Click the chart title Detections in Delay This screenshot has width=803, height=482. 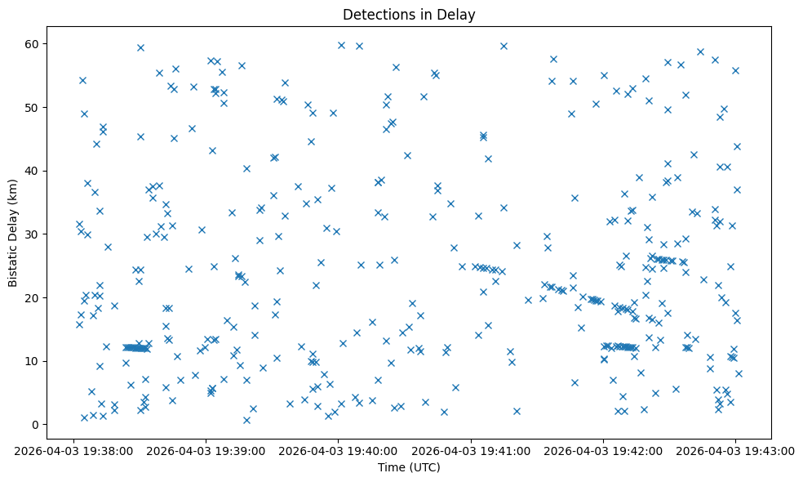tap(409, 15)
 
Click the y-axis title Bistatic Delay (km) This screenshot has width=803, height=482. tap(13, 222)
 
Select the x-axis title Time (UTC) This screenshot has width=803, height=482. tap(409, 467)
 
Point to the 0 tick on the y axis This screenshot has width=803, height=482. tap(36, 425)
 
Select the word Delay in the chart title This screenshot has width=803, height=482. tap(459, 15)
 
